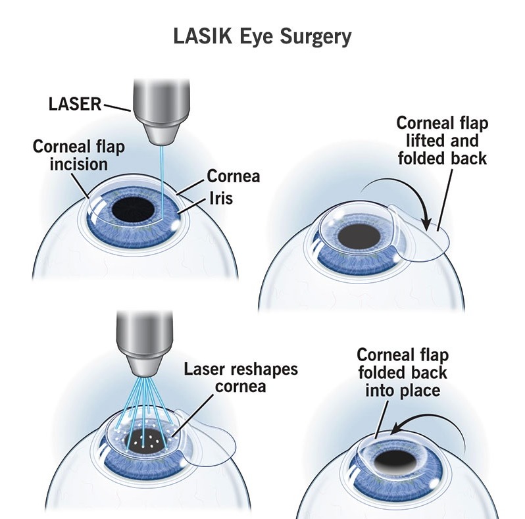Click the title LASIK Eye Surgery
pyautogui.click(x=262, y=37)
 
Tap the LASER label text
pyautogui.click(x=75, y=103)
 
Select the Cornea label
pyautogui.click(x=234, y=176)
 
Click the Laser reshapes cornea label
pyautogui.click(x=241, y=377)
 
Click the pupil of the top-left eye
pyautogui.click(x=134, y=211)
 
